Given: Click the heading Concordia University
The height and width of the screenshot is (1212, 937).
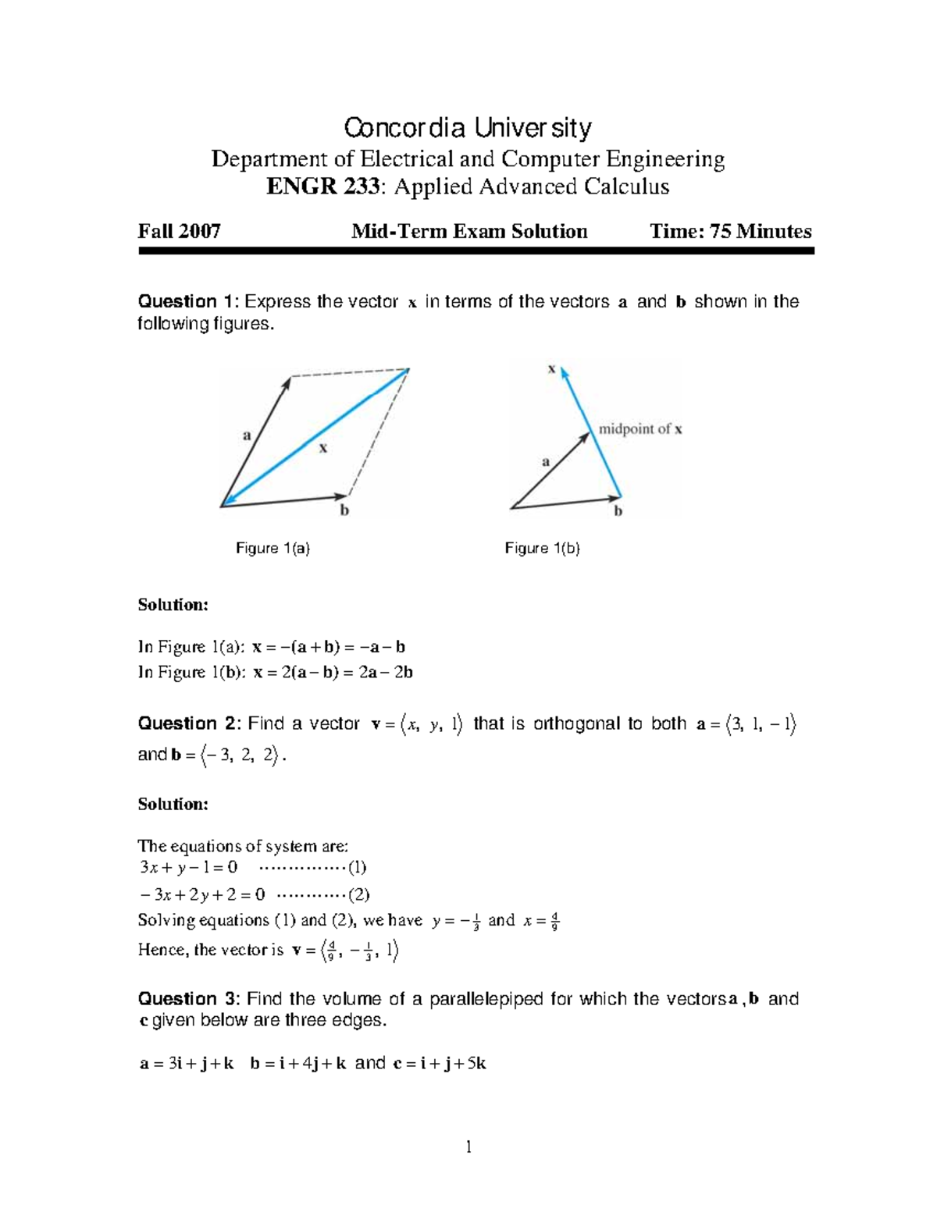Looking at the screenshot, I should point(468,127).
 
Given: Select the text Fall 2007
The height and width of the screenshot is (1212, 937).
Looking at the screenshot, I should point(179,231).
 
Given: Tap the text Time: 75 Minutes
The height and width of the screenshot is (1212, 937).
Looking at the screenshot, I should point(731,231).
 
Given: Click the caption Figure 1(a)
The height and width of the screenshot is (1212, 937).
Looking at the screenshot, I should point(273,549).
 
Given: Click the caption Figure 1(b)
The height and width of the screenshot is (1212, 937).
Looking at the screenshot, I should point(542,549).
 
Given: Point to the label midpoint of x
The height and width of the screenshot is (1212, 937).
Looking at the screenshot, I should point(640,428).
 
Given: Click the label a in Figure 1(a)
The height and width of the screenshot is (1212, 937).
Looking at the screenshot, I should point(248,435).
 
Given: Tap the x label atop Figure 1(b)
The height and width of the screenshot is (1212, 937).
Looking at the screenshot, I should point(551,368).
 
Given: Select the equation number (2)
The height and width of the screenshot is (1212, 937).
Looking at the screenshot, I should point(358,894).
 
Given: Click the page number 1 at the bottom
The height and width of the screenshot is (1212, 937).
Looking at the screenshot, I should point(468,1146).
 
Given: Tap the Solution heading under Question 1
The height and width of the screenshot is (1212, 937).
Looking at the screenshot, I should point(173,605).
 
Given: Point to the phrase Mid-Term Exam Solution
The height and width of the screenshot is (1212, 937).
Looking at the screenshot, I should point(469,231).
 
